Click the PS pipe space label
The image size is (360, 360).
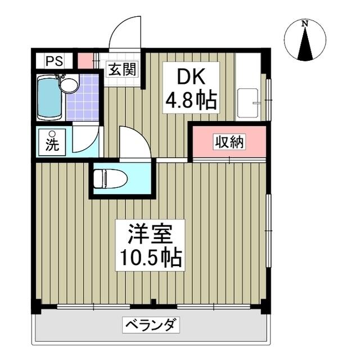pyautogui.click(x=54, y=61)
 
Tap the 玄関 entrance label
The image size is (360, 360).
pyautogui.click(x=123, y=69)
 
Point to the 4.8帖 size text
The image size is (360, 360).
pyautogui.click(x=191, y=100)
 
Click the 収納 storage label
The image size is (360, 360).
pyautogui.click(x=229, y=142)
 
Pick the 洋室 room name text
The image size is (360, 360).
pyautogui.click(x=150, y=234)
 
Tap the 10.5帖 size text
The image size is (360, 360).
pyautogui.click(x=150, y=258)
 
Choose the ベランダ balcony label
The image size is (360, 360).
pyautogui.click(x=151, y=325)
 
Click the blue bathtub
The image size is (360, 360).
pyautogui.click(x=49, y=98)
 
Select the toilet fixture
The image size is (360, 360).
pyautogui.click(x=110, y=178)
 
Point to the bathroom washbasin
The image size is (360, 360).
pyautogui.click(x=69, y=85)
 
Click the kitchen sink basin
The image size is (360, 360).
pyautogui.click(x=248, y=103)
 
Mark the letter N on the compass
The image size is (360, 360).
pyautogui.click(x=305, y=23)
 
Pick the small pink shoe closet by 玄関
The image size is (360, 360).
pyautogui.click(x=85, y=61)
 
